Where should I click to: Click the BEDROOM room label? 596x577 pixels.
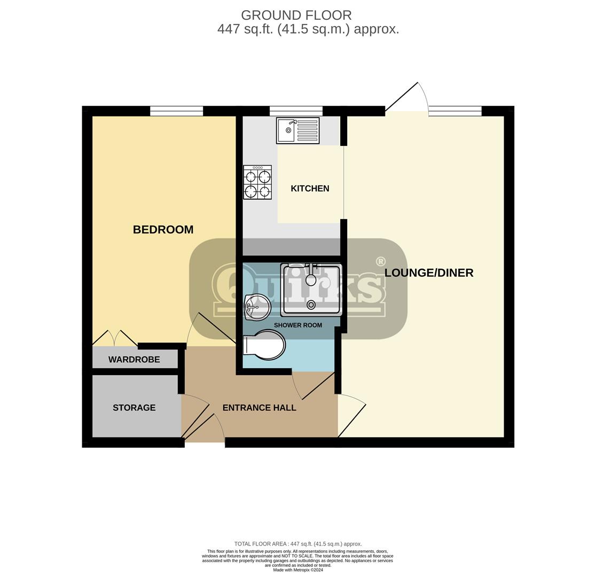[x=163, y=230]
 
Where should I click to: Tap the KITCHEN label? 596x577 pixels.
[x=310, y=189]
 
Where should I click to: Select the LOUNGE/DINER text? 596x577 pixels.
[x=429, y=272]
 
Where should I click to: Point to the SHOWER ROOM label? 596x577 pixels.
[x=298, y=325]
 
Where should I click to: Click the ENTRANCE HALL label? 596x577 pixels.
[x=259, y=408]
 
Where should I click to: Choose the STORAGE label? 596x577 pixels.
[x=134, y=408]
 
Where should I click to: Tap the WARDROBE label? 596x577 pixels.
[x=134, y=360]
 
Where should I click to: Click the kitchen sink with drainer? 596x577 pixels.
[x=298, y=130]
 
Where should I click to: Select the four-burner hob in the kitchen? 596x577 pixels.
[x=258, y=183]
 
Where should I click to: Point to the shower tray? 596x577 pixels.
[x=311, y=290]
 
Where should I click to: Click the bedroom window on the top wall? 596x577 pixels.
[x=176, y=111]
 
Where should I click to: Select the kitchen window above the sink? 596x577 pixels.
[x=296, y=111]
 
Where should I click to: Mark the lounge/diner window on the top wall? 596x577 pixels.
[x=456, y=111]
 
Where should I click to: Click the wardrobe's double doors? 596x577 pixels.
[x=115, y=338]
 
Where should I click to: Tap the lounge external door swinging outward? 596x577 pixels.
[x=407, y=97]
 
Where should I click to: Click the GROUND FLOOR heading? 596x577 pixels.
[x=296, y=15]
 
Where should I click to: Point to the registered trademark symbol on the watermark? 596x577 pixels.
[x=380, y=261]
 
